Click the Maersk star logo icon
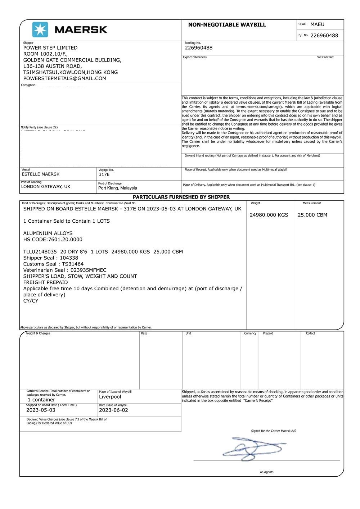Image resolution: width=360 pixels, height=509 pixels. (40, 29)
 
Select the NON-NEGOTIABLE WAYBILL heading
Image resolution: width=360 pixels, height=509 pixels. (227, 25)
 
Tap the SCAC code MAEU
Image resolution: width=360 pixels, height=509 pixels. (317, 24)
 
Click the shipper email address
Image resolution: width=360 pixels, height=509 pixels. (65, 78)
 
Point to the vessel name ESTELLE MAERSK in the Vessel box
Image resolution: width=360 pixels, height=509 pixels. (40, 174)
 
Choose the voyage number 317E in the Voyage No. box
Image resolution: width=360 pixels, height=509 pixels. (104, 174)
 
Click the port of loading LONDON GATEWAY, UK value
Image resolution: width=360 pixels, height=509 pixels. (46, 187)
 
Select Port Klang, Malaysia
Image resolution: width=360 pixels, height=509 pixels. (118, 188)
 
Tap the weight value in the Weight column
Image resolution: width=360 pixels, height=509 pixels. (269, 215)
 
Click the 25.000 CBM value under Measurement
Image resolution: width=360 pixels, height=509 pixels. (312, 215)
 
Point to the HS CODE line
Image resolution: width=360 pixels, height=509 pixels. (53, 240)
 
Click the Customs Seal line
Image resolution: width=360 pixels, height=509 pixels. (53, 264)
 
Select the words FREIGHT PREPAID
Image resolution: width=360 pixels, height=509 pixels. (45, 282)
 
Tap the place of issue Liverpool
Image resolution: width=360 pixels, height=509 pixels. (110, 397)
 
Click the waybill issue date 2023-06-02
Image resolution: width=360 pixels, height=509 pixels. (113, 410)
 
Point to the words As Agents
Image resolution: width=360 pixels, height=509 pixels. (266, 472)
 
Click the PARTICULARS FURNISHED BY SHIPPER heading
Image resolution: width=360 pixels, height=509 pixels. (181, 197)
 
